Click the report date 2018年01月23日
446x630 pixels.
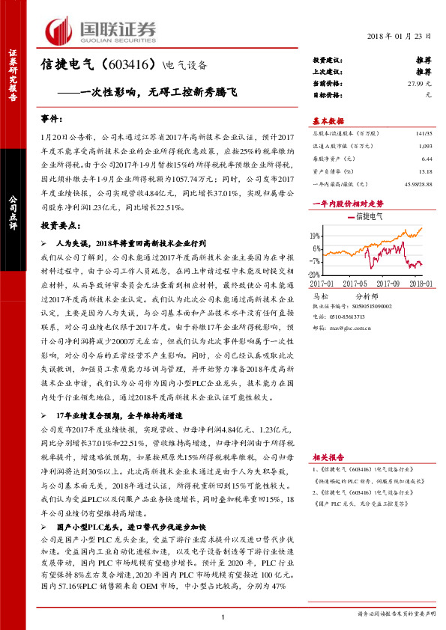tap(401, 37)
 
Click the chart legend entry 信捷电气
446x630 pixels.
tap(368, 216)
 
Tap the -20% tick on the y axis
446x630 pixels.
tap(315, 275)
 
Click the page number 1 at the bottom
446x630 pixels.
tap(223, 616)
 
